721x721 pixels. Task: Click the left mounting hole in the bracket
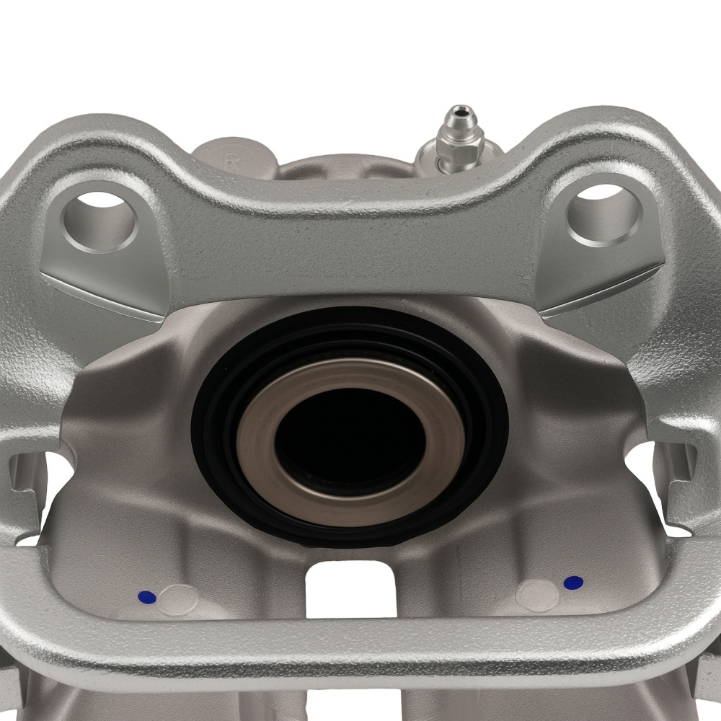pos(99,216)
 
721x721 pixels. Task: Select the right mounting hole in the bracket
pos(604,213)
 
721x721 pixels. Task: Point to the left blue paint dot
pos(146,597)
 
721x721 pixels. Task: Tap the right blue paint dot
pos(573,583)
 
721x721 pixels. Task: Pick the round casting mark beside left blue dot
pos(177,600)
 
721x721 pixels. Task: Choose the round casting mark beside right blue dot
pos(538,596)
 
